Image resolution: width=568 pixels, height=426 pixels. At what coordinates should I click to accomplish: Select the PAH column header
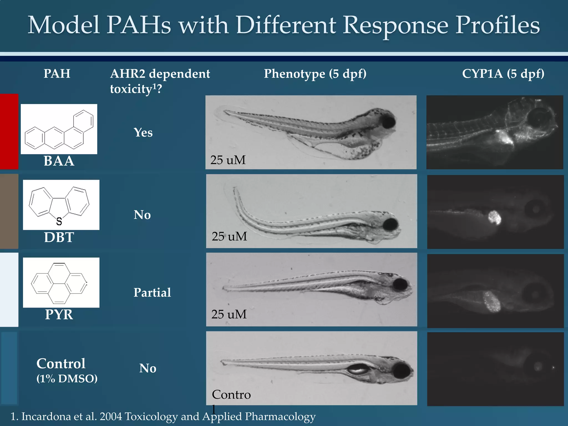point(57,74)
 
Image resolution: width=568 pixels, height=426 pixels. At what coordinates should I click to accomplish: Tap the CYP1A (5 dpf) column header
point(503,74)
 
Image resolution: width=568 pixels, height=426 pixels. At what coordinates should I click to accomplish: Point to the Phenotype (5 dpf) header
point(315,74)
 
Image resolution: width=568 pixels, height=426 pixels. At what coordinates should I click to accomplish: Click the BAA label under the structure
point(59,161)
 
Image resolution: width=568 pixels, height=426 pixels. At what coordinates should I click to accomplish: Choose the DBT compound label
point(59,237)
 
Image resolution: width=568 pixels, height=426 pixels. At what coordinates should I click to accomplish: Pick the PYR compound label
point(59,315)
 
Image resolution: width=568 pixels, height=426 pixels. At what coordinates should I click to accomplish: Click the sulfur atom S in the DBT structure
point(59,221)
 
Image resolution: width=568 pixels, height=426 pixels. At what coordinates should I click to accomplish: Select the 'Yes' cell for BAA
point(143,133)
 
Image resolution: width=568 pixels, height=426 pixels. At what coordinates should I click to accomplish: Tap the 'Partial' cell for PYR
point(152,293)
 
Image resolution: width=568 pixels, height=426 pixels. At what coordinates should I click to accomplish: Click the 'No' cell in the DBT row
point(142,215)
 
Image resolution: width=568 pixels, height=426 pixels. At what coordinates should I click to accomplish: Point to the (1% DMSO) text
point(67,379)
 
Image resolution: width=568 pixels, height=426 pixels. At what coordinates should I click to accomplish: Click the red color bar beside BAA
point(9,131)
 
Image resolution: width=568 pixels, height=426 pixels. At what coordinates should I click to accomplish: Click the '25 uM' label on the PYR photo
point(229,314)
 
